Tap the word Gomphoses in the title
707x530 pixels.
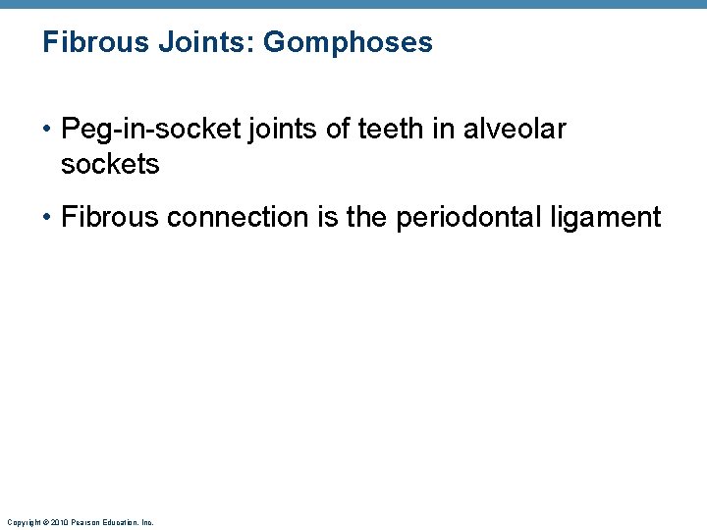(x=349, y=43)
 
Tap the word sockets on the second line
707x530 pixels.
(x=109, y=164)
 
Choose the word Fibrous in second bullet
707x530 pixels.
(x=110, y=217)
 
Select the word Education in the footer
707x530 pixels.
(x=117, y=522)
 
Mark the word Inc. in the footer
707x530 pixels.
(x=147, y=522)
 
